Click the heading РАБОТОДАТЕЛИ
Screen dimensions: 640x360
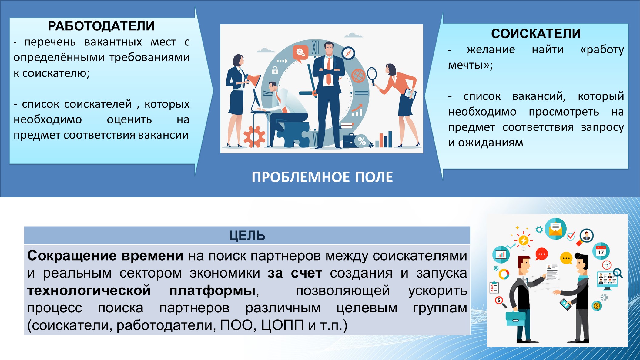click(x=101, y=26)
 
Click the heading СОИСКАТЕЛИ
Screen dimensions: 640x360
click(x=536, y=34)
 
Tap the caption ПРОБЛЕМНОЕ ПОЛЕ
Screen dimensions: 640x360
click(x=322, y=177)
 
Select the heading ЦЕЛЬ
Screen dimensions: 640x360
click(x=247, y=236)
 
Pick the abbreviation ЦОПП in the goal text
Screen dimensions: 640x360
click(x=282, y=325)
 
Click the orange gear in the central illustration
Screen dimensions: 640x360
click(x=254, y=136)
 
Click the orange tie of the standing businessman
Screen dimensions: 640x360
click(x=328, y=71)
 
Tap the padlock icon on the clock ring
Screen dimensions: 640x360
click(x=275, y=70)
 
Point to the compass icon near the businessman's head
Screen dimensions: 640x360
click(x=348, y=53)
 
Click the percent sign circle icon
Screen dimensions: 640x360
click(x=361, y=141)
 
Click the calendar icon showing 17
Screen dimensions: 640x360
click(x=601, y=251)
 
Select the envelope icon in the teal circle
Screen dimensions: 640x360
click(x=556, y=229)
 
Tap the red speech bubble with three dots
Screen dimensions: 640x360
click(x=542, y=254)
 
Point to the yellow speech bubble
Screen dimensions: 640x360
click(x=566, y=258)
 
